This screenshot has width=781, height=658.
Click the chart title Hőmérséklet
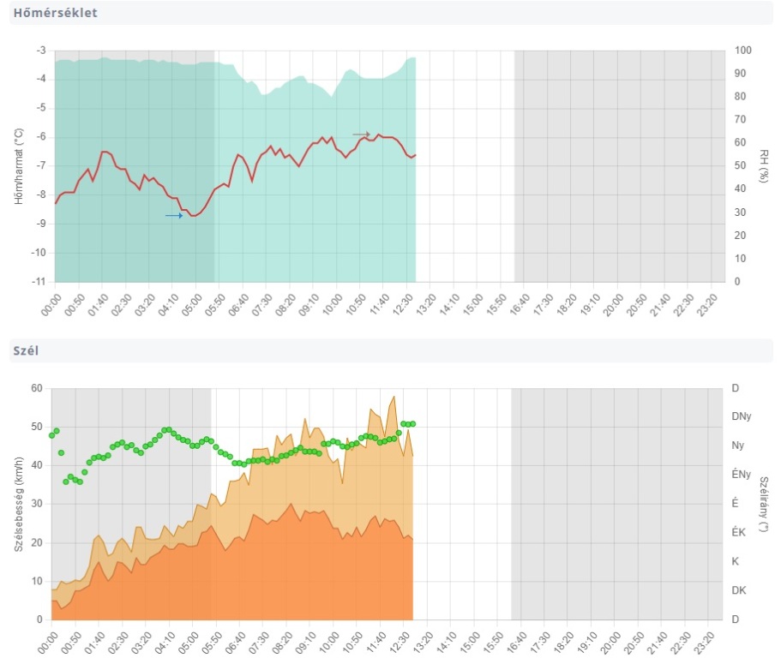pos(55,13)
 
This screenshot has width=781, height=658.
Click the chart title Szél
pos(25,350)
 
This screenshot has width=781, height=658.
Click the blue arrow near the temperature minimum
pos(174,216)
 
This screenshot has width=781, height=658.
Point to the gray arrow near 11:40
pos(361,135)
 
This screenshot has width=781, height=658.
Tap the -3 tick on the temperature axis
pos(40,51)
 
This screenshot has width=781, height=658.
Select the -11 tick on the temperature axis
pos(39,281)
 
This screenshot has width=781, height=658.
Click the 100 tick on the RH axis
pos(743,51)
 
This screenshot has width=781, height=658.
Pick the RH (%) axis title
pos(764,165)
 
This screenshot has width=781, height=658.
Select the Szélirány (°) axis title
pos(764,504)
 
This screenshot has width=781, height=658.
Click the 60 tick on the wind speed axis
pos(38,388)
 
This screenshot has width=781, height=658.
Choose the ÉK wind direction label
pos(738,532)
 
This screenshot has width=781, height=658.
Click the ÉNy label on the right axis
pos(741,475)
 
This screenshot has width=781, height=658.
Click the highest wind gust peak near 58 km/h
pos(394,397)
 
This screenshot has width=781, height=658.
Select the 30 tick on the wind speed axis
pos(38,504)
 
